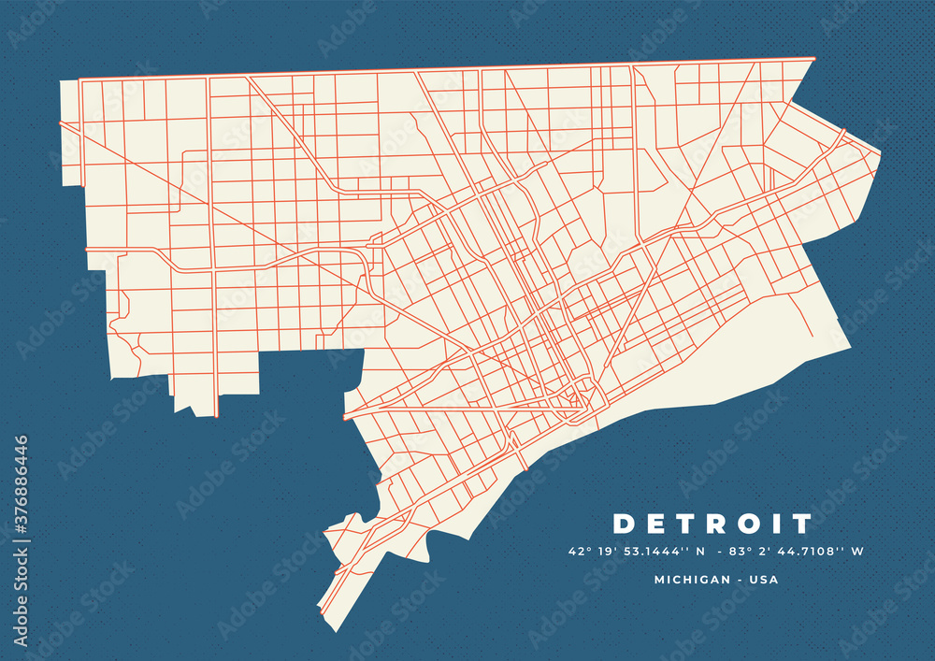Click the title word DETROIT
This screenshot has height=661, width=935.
712,523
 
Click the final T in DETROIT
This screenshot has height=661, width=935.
800,523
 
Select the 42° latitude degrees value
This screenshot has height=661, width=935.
577,552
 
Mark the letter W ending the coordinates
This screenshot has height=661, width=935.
857,552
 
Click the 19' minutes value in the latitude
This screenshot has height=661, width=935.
602,552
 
